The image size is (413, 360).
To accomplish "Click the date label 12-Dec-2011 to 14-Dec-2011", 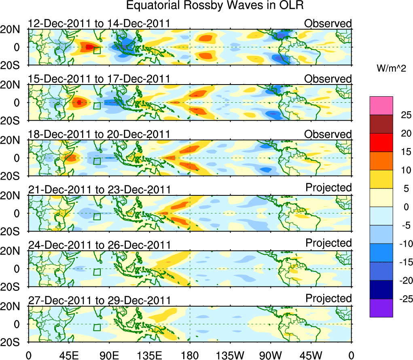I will click(99, 23).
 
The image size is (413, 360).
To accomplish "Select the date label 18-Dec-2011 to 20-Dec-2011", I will click(99, 134).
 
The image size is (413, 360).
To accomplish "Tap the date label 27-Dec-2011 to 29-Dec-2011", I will click(99, 301).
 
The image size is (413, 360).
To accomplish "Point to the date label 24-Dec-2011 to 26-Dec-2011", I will click(99, 245).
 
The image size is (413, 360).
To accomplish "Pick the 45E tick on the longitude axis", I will click(68, 355).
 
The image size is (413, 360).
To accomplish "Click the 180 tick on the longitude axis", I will click(190, 355).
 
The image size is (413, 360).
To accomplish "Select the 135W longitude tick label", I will click(230, 355).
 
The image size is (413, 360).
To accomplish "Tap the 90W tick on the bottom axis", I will click(271, 355).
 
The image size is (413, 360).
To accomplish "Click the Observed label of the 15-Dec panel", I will click(328, 79).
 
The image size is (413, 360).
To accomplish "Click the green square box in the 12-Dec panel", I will click(97, 50).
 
